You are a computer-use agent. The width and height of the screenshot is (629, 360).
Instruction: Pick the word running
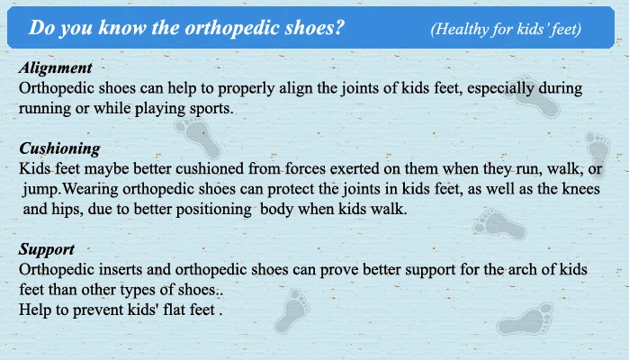click(x=44, y=108)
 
